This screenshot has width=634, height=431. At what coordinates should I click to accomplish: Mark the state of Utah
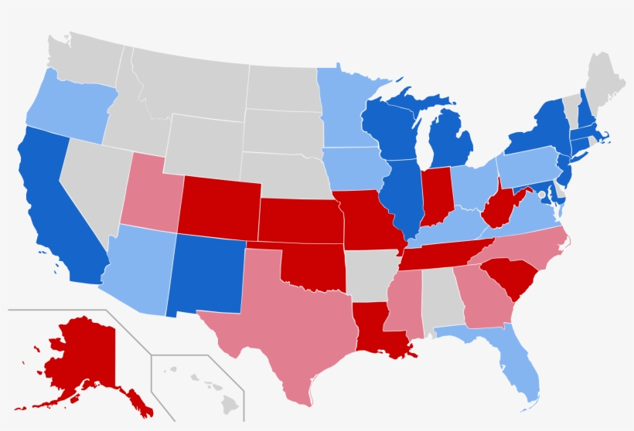coord(151,193)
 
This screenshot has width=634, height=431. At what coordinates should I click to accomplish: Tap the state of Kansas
coord(298,220)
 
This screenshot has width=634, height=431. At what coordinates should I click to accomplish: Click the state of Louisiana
coord(375,324)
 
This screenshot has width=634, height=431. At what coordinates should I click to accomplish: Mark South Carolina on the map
coord(506,278)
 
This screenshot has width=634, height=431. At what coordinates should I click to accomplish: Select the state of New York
coord(541,131)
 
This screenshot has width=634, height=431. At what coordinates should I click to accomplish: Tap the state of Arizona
coord(139,270)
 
